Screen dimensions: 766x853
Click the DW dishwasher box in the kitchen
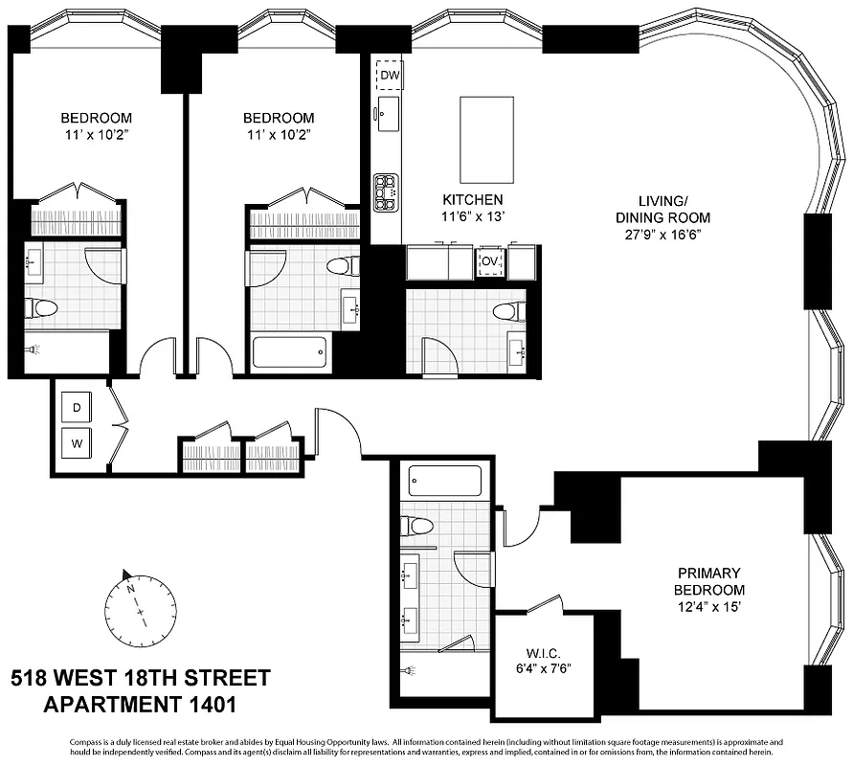pos(389,76)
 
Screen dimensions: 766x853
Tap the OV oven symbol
pos(490,260)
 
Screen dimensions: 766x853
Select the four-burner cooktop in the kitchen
pos(386,191)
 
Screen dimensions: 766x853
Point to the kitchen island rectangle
pos(489,139)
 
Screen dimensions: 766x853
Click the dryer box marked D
pos(77,408)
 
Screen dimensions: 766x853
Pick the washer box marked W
pos(77,443)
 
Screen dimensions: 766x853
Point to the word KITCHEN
pos(472,200)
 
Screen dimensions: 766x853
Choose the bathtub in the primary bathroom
pos(444,480)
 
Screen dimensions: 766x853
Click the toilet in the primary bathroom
pos(417,526)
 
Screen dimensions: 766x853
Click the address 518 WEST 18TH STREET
pos(141,679)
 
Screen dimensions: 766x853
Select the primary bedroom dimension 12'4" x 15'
pos(708,606)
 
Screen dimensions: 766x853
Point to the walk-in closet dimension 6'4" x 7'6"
pos(542,667)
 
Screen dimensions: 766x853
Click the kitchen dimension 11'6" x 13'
pos(472,217)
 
